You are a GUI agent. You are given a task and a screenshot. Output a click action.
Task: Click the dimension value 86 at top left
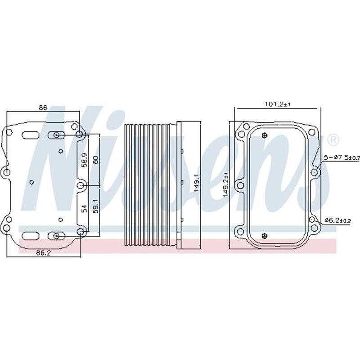pos(43,108)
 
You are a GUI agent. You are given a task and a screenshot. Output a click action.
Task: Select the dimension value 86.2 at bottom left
pos(43,252)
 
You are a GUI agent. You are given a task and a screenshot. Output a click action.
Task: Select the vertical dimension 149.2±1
pos(226,184)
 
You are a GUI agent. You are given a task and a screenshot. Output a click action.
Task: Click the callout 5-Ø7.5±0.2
pos(342,157)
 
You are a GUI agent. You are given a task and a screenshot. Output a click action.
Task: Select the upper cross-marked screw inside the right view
pos(265,135)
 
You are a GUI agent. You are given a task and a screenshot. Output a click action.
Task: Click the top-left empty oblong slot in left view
pos(30,135)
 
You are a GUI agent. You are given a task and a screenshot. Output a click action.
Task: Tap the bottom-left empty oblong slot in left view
pos(30,235)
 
